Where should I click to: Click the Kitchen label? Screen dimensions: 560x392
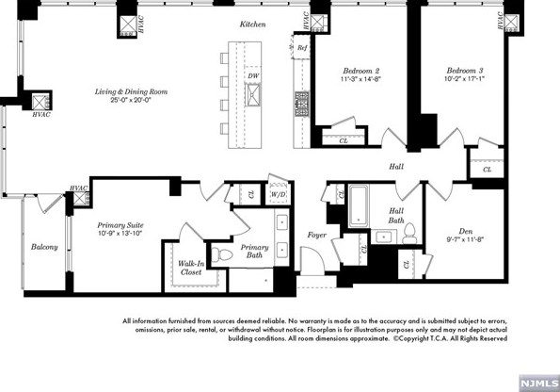(252, 24)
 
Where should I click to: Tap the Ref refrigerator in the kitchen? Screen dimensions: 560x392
(301, 47)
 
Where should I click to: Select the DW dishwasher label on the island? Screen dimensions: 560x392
(253, 75)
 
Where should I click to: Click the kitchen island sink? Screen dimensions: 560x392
(253, 95)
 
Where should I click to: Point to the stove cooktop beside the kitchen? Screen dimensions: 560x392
(302, 104)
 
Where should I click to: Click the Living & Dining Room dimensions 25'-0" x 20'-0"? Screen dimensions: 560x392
(131, 100)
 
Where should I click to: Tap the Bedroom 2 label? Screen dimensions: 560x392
(361, 71)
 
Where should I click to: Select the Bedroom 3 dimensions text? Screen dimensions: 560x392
(465, 79)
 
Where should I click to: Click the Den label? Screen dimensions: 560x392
(466, 232)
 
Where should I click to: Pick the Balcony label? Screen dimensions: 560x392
(44, 247)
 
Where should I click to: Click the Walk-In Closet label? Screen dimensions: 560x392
(191, 268)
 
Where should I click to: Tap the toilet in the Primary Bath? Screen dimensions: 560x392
(221, 255)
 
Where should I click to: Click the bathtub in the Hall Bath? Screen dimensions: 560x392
(359, 205)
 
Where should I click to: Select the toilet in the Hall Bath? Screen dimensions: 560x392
(409, 234)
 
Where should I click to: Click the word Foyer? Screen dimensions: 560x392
(317, 235)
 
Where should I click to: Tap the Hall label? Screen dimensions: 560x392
(396, 166)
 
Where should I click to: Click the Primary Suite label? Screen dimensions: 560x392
(120, 225)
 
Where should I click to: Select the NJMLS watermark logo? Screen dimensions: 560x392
(539, 384)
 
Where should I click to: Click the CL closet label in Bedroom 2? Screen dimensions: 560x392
(344, 141)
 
